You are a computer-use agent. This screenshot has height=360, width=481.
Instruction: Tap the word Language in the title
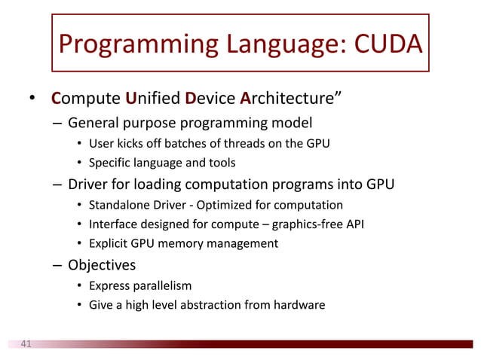tap(272, 46)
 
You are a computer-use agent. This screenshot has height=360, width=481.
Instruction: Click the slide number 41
tap(26, 344)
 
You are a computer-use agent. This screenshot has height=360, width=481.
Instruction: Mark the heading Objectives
tap(101, 265)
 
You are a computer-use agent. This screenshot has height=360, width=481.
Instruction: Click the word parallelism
tap(160, 286)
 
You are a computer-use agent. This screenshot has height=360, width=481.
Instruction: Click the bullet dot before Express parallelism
tap(80, 286)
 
